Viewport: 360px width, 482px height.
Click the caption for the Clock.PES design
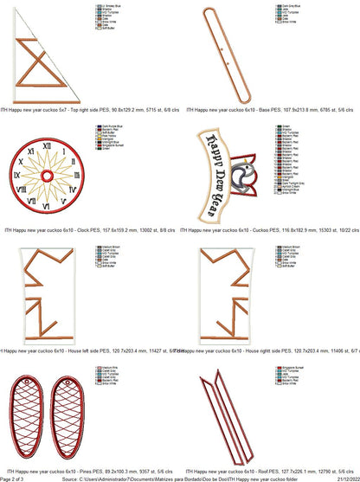(x=91, y=230)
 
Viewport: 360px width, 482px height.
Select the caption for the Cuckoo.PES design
(x=272, y=230)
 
